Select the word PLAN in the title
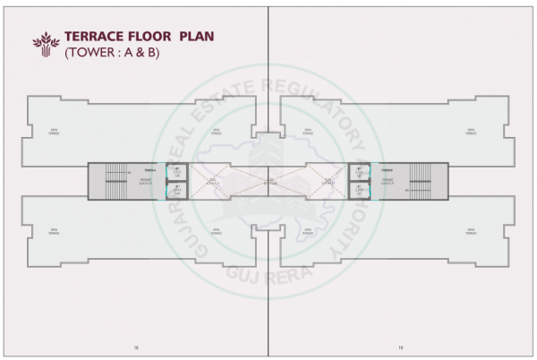pyautogui.click(x=200, y=37)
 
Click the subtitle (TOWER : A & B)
pyautogui.click(x=107, y=54)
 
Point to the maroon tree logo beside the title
pyautogui.click(x=45, y=43)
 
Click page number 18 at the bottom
pyautogui.click(x=134, y=347)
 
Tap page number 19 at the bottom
pyautogui.click(x=401, y=347)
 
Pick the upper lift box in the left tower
pyautogui.click(x=177, y=171)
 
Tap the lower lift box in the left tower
pyautogui.click(x=177, y=190)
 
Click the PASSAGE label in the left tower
pyautogui.click(x=145, y=180)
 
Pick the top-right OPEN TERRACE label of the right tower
pyautogui.click(x=471, y=131)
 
